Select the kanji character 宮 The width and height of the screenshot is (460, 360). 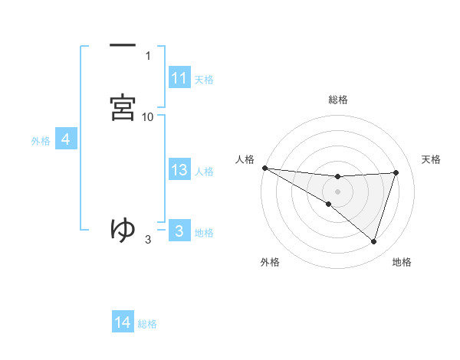click(x=123, y=106)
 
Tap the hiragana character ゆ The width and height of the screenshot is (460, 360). click(x=123, y=227)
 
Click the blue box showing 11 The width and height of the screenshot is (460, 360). click(x=179, y=78)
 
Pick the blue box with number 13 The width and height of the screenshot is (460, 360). click(x=179, y=170)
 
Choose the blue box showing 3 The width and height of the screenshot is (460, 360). click(x=179, y=231)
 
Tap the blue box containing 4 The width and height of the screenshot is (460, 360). click(x=66, y=139)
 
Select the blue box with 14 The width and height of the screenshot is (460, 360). click(x=123, y=322)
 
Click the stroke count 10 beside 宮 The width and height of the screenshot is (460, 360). click(x=148, y=116)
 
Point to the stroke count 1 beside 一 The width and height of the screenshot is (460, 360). click(x=148, y=55)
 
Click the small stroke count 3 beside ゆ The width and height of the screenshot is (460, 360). click(x=148, y=240)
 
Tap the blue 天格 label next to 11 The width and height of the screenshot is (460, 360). click(x=204, y=79)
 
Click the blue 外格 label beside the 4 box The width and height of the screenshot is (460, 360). click(x=41, y=140)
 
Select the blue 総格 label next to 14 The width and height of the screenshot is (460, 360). click(x=147, y=323)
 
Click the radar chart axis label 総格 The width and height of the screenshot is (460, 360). click(x=337, y=100)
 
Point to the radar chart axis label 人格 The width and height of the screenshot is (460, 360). click(x=245, y=159)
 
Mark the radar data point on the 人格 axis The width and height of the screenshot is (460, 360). click(x=264, y=168)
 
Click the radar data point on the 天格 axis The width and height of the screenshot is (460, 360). click(x=396, y=172)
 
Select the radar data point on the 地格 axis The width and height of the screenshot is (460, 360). click(x=373, y=241)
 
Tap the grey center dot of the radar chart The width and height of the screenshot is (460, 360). click(x=337, y=191)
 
